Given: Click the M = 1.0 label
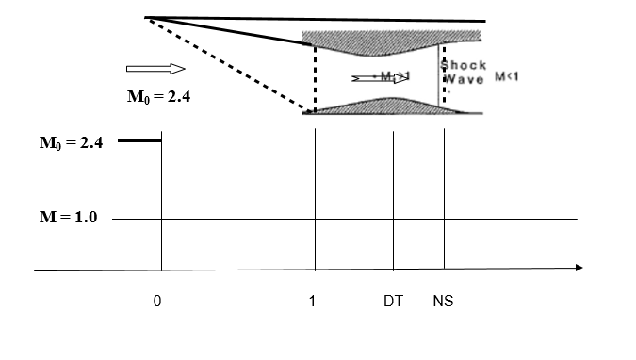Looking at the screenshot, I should pyautogui.click(x=70, y=218).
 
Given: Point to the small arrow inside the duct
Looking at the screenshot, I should pyautogui.click(x=381, y=77).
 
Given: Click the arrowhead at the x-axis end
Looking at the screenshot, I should pyautogui.click(x=578, y=268).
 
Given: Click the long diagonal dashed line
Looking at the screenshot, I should pyautogui.click(x=226, y=65).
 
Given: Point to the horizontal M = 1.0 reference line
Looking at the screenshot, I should pyautogui.click(x=377, y=220).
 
